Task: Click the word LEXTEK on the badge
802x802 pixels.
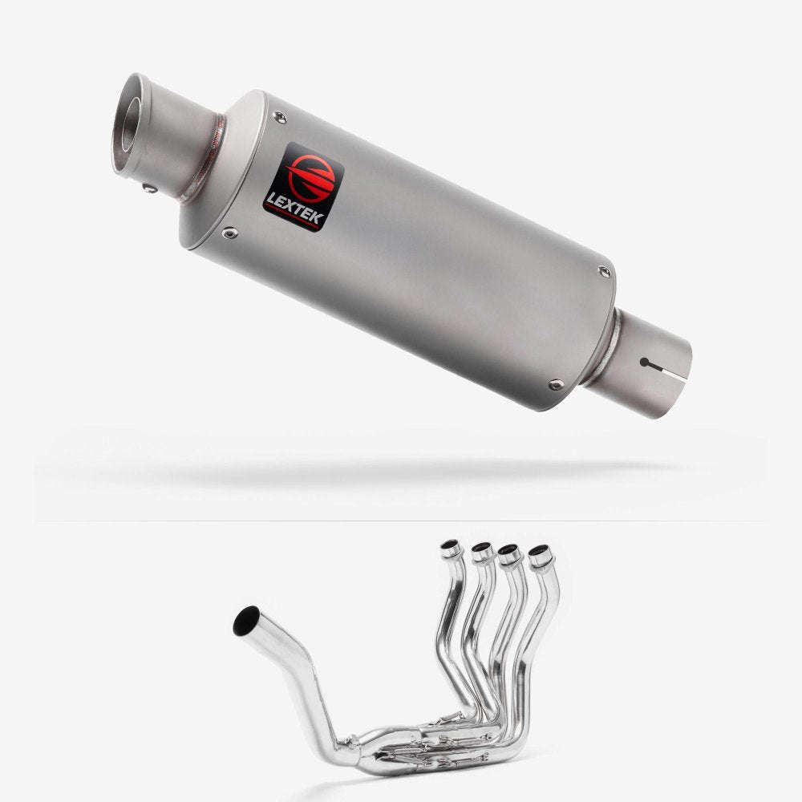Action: pyautogui.click(x=294, y=209)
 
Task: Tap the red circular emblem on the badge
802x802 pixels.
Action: pyautogui.click(x=310, y=176)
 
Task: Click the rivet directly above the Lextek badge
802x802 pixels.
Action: pyautogui.click(x=279, y=117)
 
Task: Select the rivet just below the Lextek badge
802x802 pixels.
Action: pyautogui.click(x=229, y=233)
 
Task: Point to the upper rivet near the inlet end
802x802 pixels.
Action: pyautogui.click(x=605, y=272)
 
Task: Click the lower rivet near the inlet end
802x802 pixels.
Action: pyautogui.click(x=556, y=383)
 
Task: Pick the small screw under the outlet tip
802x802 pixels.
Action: pyautogui.click(x=149, y=188)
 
